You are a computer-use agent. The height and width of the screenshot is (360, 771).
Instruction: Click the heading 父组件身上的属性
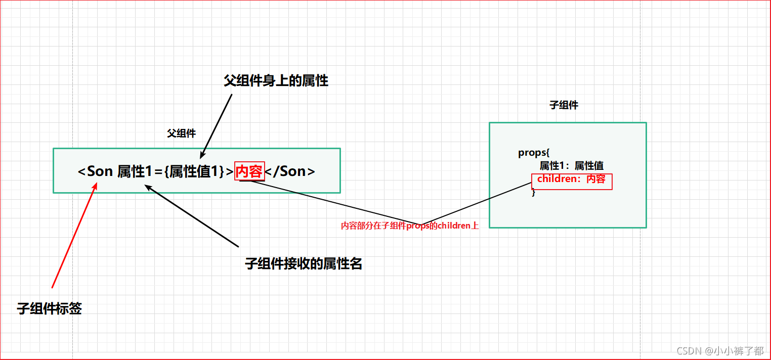[x=276, y=80]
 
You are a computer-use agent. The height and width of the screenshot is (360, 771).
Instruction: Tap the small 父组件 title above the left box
[x=181, y=133]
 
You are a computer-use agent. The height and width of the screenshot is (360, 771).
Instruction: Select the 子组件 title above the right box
[x=564, y=105]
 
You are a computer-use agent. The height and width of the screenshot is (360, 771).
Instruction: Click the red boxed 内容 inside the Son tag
[x=249, y=171]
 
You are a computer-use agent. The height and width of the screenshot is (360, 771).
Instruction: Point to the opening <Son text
[x=95, y=171]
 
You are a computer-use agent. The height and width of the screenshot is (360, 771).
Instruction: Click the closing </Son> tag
[x=290, y=171]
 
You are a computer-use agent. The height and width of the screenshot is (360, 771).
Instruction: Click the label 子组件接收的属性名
[x=304, y=263]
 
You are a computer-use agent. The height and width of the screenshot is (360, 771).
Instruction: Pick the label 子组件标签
[x=49, y=308]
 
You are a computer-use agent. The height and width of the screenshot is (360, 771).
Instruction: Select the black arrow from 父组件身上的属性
[x=216, y=126]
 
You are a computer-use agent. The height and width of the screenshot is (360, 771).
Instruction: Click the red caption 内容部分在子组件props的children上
[x=409, y=226]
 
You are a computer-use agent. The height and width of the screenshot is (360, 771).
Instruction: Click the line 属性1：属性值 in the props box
[x=571, y=166]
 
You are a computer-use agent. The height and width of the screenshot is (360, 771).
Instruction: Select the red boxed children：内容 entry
[x=571, y=179]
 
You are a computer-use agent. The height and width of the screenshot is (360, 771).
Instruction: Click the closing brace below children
[x=533, y=192]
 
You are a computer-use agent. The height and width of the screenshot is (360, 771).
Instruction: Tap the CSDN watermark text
[x=719, y=350]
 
